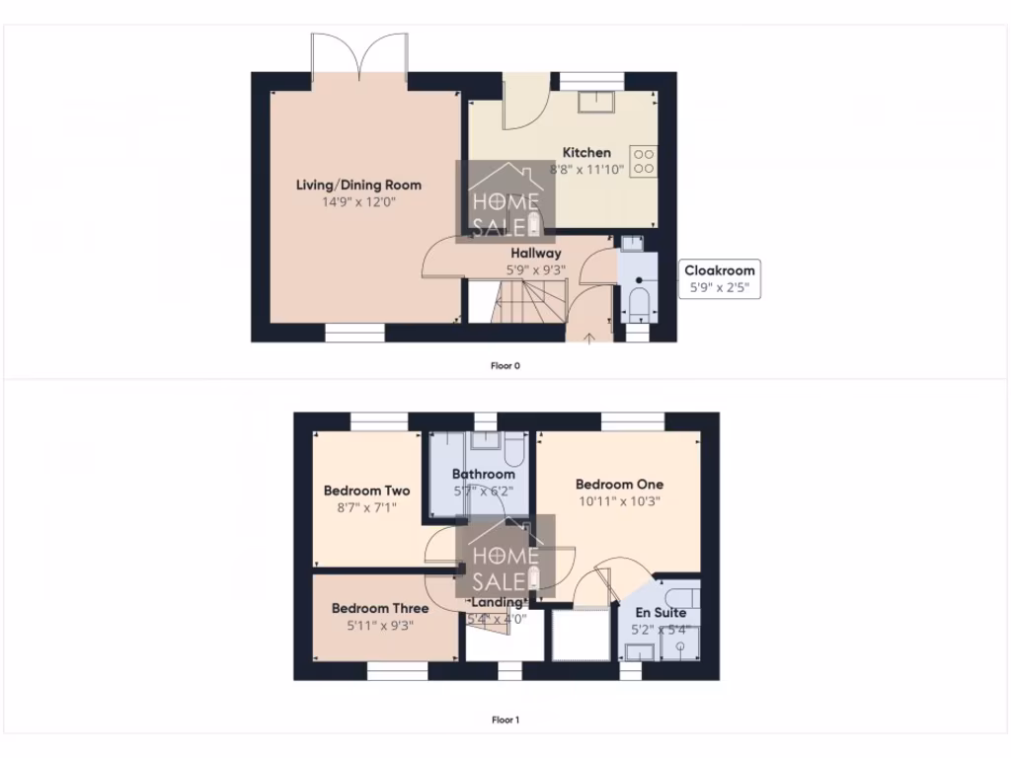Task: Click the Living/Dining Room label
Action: (x=358, y=185)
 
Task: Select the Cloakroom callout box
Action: (x=720, y=279)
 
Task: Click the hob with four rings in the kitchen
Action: (x=644, y=161)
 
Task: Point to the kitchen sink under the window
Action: (x=596, y=101)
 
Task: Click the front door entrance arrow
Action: (x=590, y=339)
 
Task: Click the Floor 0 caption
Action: (x=505, y=366)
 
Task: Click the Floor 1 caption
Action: (x=505, y=720)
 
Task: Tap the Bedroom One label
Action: (x=619, y=485)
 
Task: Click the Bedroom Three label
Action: (x=379, y=608)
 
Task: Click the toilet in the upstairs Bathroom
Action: (x=511, y=451)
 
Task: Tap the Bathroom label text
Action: (x=483, y=474)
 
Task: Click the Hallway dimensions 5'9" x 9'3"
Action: (x=535, y=269)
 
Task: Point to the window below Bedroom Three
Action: (x=397, y=671)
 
